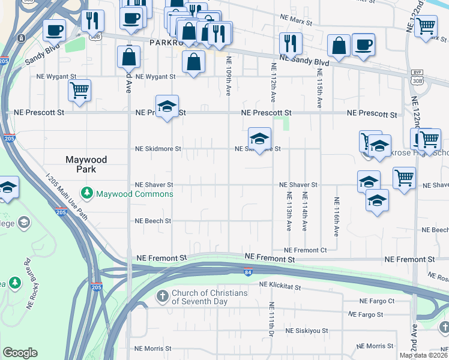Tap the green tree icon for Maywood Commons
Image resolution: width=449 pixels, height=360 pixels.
tap(88, 193)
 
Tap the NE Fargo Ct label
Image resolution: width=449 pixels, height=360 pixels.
tap(376, 301)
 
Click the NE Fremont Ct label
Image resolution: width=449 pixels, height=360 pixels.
tap(305, 250)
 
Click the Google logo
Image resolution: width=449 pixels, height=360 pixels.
tap(20, 353)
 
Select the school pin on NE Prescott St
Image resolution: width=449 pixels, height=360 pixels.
tap(167, 107)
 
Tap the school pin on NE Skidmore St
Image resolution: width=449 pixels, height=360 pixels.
tap(259, 140)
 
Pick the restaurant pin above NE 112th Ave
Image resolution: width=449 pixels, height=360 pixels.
tap(291, 43)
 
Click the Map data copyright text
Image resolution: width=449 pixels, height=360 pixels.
tap(423, 355)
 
